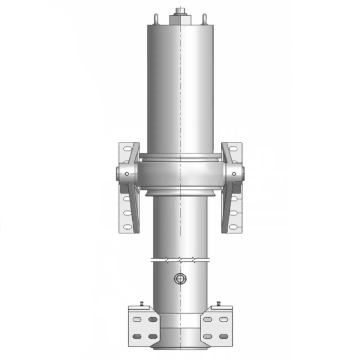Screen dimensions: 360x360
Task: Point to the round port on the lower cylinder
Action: pos(180,277)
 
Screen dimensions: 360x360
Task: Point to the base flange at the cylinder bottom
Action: pos(180,346)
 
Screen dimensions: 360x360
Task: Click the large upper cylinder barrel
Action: pos(180,90)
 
